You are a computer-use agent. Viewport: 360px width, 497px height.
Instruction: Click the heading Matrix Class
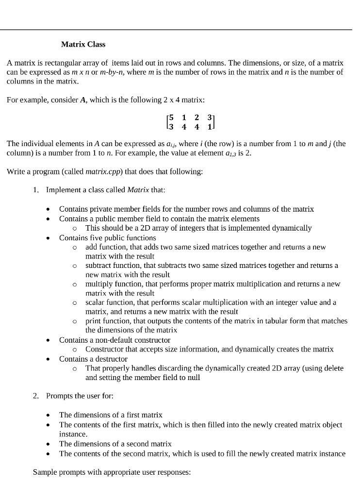pyautogui.click(x=83, y=44)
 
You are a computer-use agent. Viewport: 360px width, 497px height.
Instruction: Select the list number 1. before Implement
pyautogui.click(x=36, y=190)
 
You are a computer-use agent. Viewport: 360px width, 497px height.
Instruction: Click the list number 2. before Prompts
pyautogui.click(x=36, y=396)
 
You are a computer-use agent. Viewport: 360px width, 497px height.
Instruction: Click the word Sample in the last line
pyautogui.click(x=44, y=472)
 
